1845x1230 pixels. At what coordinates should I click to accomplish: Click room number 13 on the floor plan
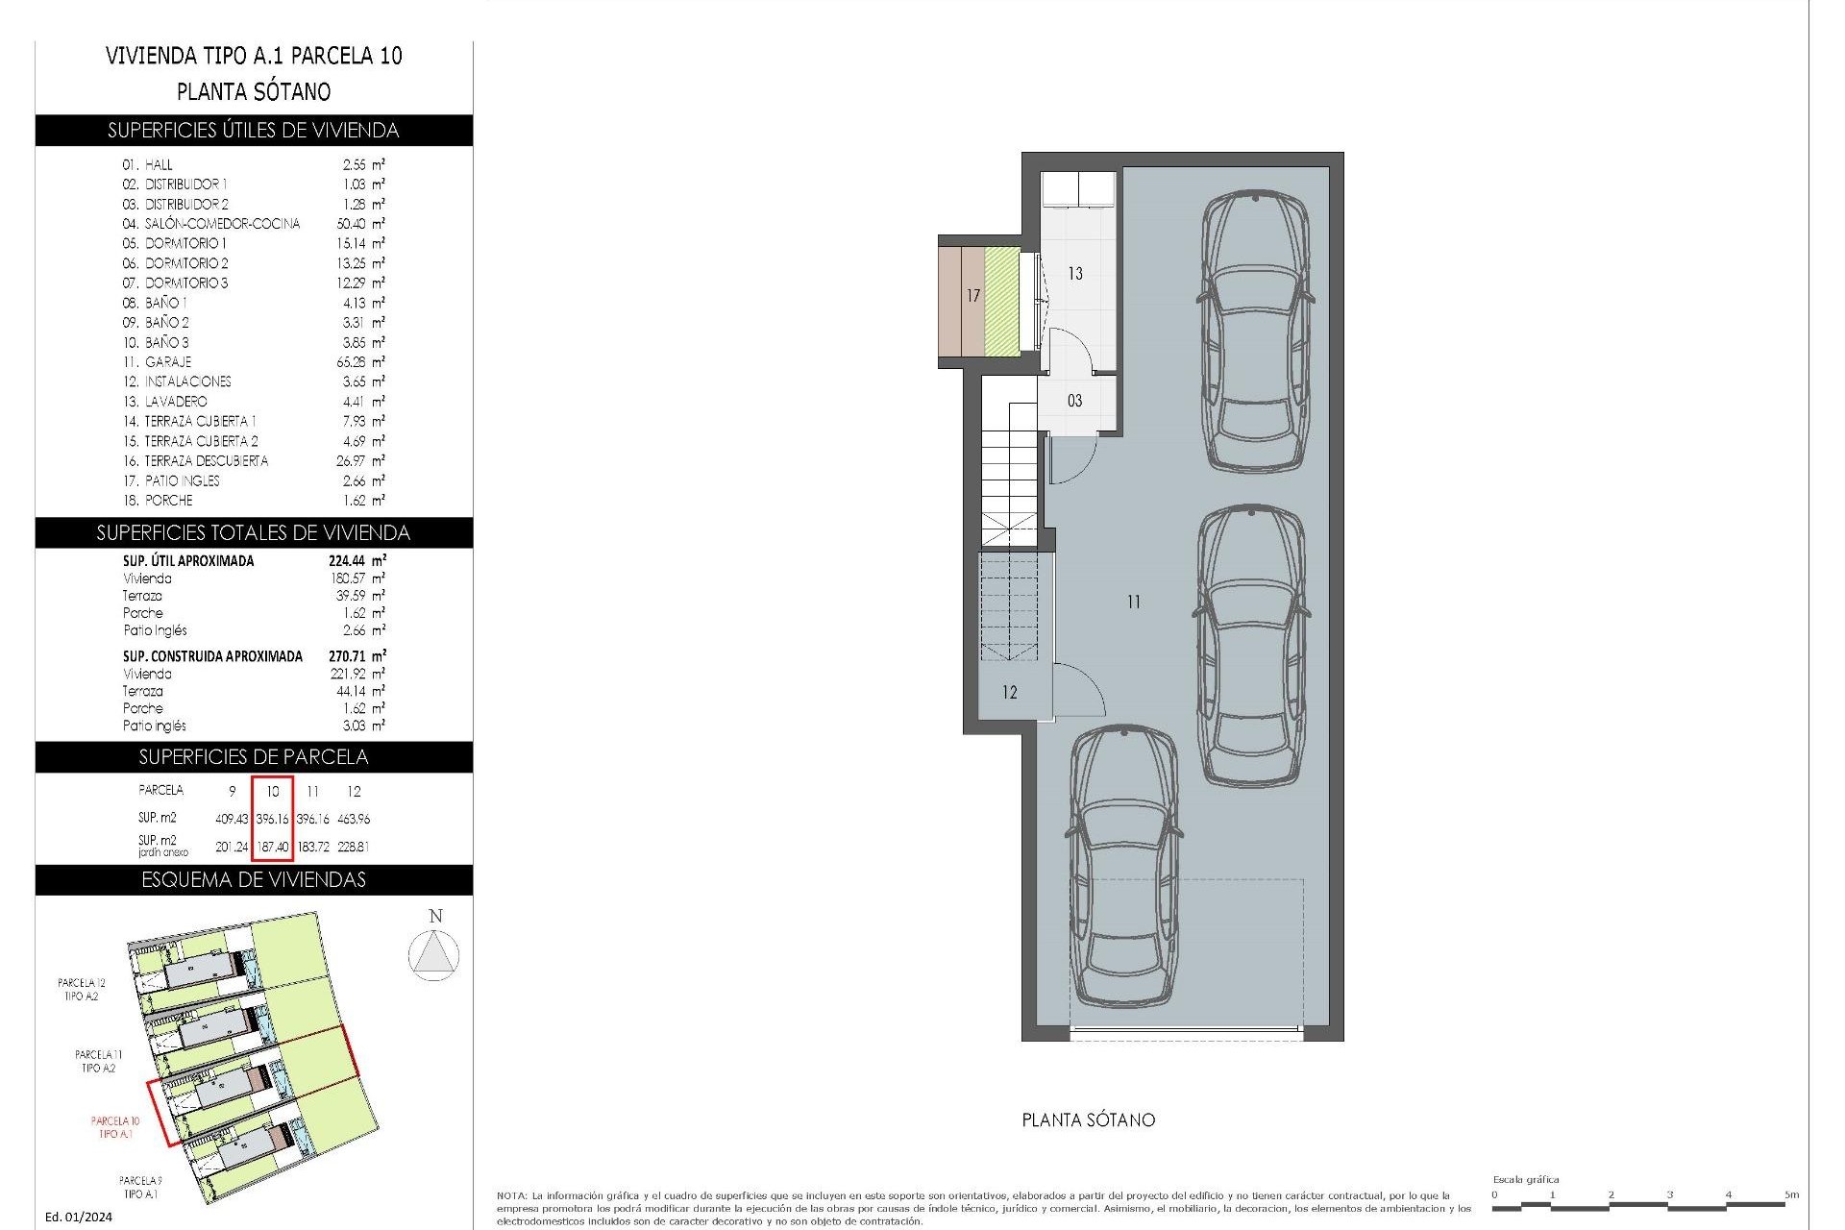point(1075,274)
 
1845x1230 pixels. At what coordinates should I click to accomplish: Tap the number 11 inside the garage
point(1134,602)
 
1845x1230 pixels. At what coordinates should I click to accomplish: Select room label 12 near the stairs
point(1009,692)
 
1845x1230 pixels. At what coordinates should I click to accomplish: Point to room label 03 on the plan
point(1074,401)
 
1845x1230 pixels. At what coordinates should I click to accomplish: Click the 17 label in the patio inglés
point(973,296)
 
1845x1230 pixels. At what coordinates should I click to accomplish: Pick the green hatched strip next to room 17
point(1001,301)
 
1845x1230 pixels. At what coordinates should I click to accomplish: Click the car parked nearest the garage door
point(1122,865)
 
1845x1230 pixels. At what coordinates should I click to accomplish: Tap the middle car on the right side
point(1252,646)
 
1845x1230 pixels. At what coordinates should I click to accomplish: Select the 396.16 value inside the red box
point(272,819)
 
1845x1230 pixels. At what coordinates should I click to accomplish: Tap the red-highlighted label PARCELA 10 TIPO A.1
point(115,1127)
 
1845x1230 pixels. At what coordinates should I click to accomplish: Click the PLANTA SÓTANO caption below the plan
point(1088,1119)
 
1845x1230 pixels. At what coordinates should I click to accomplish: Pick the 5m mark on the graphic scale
point(1790,1194)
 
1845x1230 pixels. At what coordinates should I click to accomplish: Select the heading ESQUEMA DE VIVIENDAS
point(254,879)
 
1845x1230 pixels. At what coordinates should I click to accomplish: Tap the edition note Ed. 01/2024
point(79,1217)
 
